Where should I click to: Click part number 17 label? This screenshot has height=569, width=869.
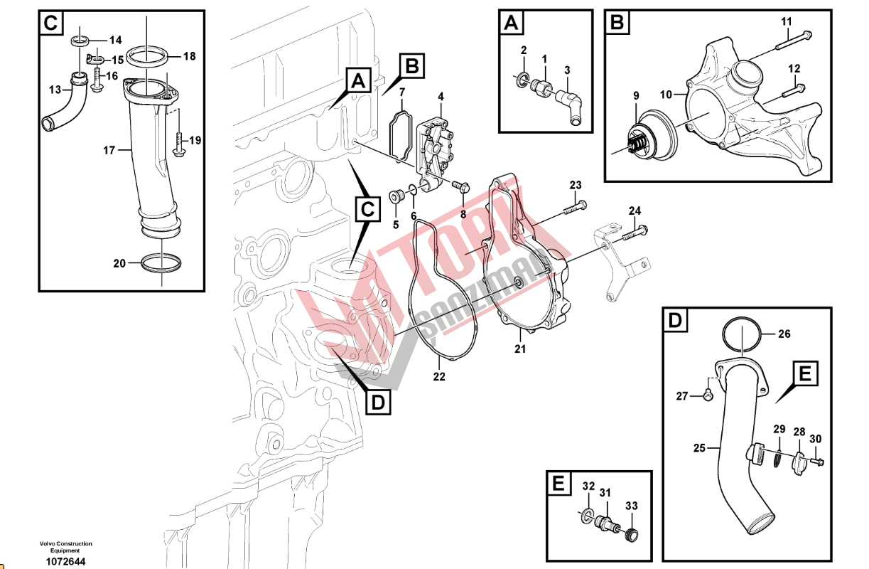109,150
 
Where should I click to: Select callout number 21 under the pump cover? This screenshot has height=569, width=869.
520,349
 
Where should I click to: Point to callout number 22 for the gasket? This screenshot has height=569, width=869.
439,376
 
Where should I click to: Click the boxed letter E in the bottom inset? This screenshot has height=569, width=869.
559,484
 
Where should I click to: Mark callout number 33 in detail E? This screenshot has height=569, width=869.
632,506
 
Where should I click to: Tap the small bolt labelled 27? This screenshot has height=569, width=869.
708,395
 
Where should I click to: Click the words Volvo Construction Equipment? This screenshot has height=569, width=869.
65,547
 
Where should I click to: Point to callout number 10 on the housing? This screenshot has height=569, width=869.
665,93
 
